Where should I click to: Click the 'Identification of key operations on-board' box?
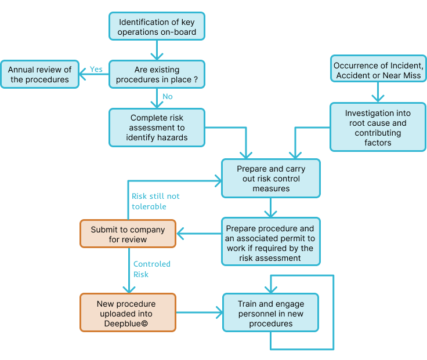click(157, 27)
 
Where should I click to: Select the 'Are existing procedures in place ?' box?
click(157, 74)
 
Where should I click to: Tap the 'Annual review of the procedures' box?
click(39, 74)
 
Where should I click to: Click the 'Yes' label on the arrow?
click(96, 69)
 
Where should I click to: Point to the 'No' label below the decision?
click(167, 96)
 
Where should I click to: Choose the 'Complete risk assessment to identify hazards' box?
click(157, 127)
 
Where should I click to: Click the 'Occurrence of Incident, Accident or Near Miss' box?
click(378, 70)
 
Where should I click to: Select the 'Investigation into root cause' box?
click(378, 127)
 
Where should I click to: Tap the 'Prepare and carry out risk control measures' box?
click(270, 179)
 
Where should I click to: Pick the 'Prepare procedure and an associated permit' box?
click(270, 241)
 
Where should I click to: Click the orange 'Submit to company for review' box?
click(128, 234)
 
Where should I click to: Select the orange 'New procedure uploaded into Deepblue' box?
click(128, 312)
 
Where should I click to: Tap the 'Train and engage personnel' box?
click(270, 312)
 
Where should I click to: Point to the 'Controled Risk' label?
click(151, 269)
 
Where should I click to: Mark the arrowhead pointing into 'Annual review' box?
click(84, 74)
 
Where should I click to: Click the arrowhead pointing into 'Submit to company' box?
click(180, 234)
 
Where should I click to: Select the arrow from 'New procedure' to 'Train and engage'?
click(199, 312)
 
